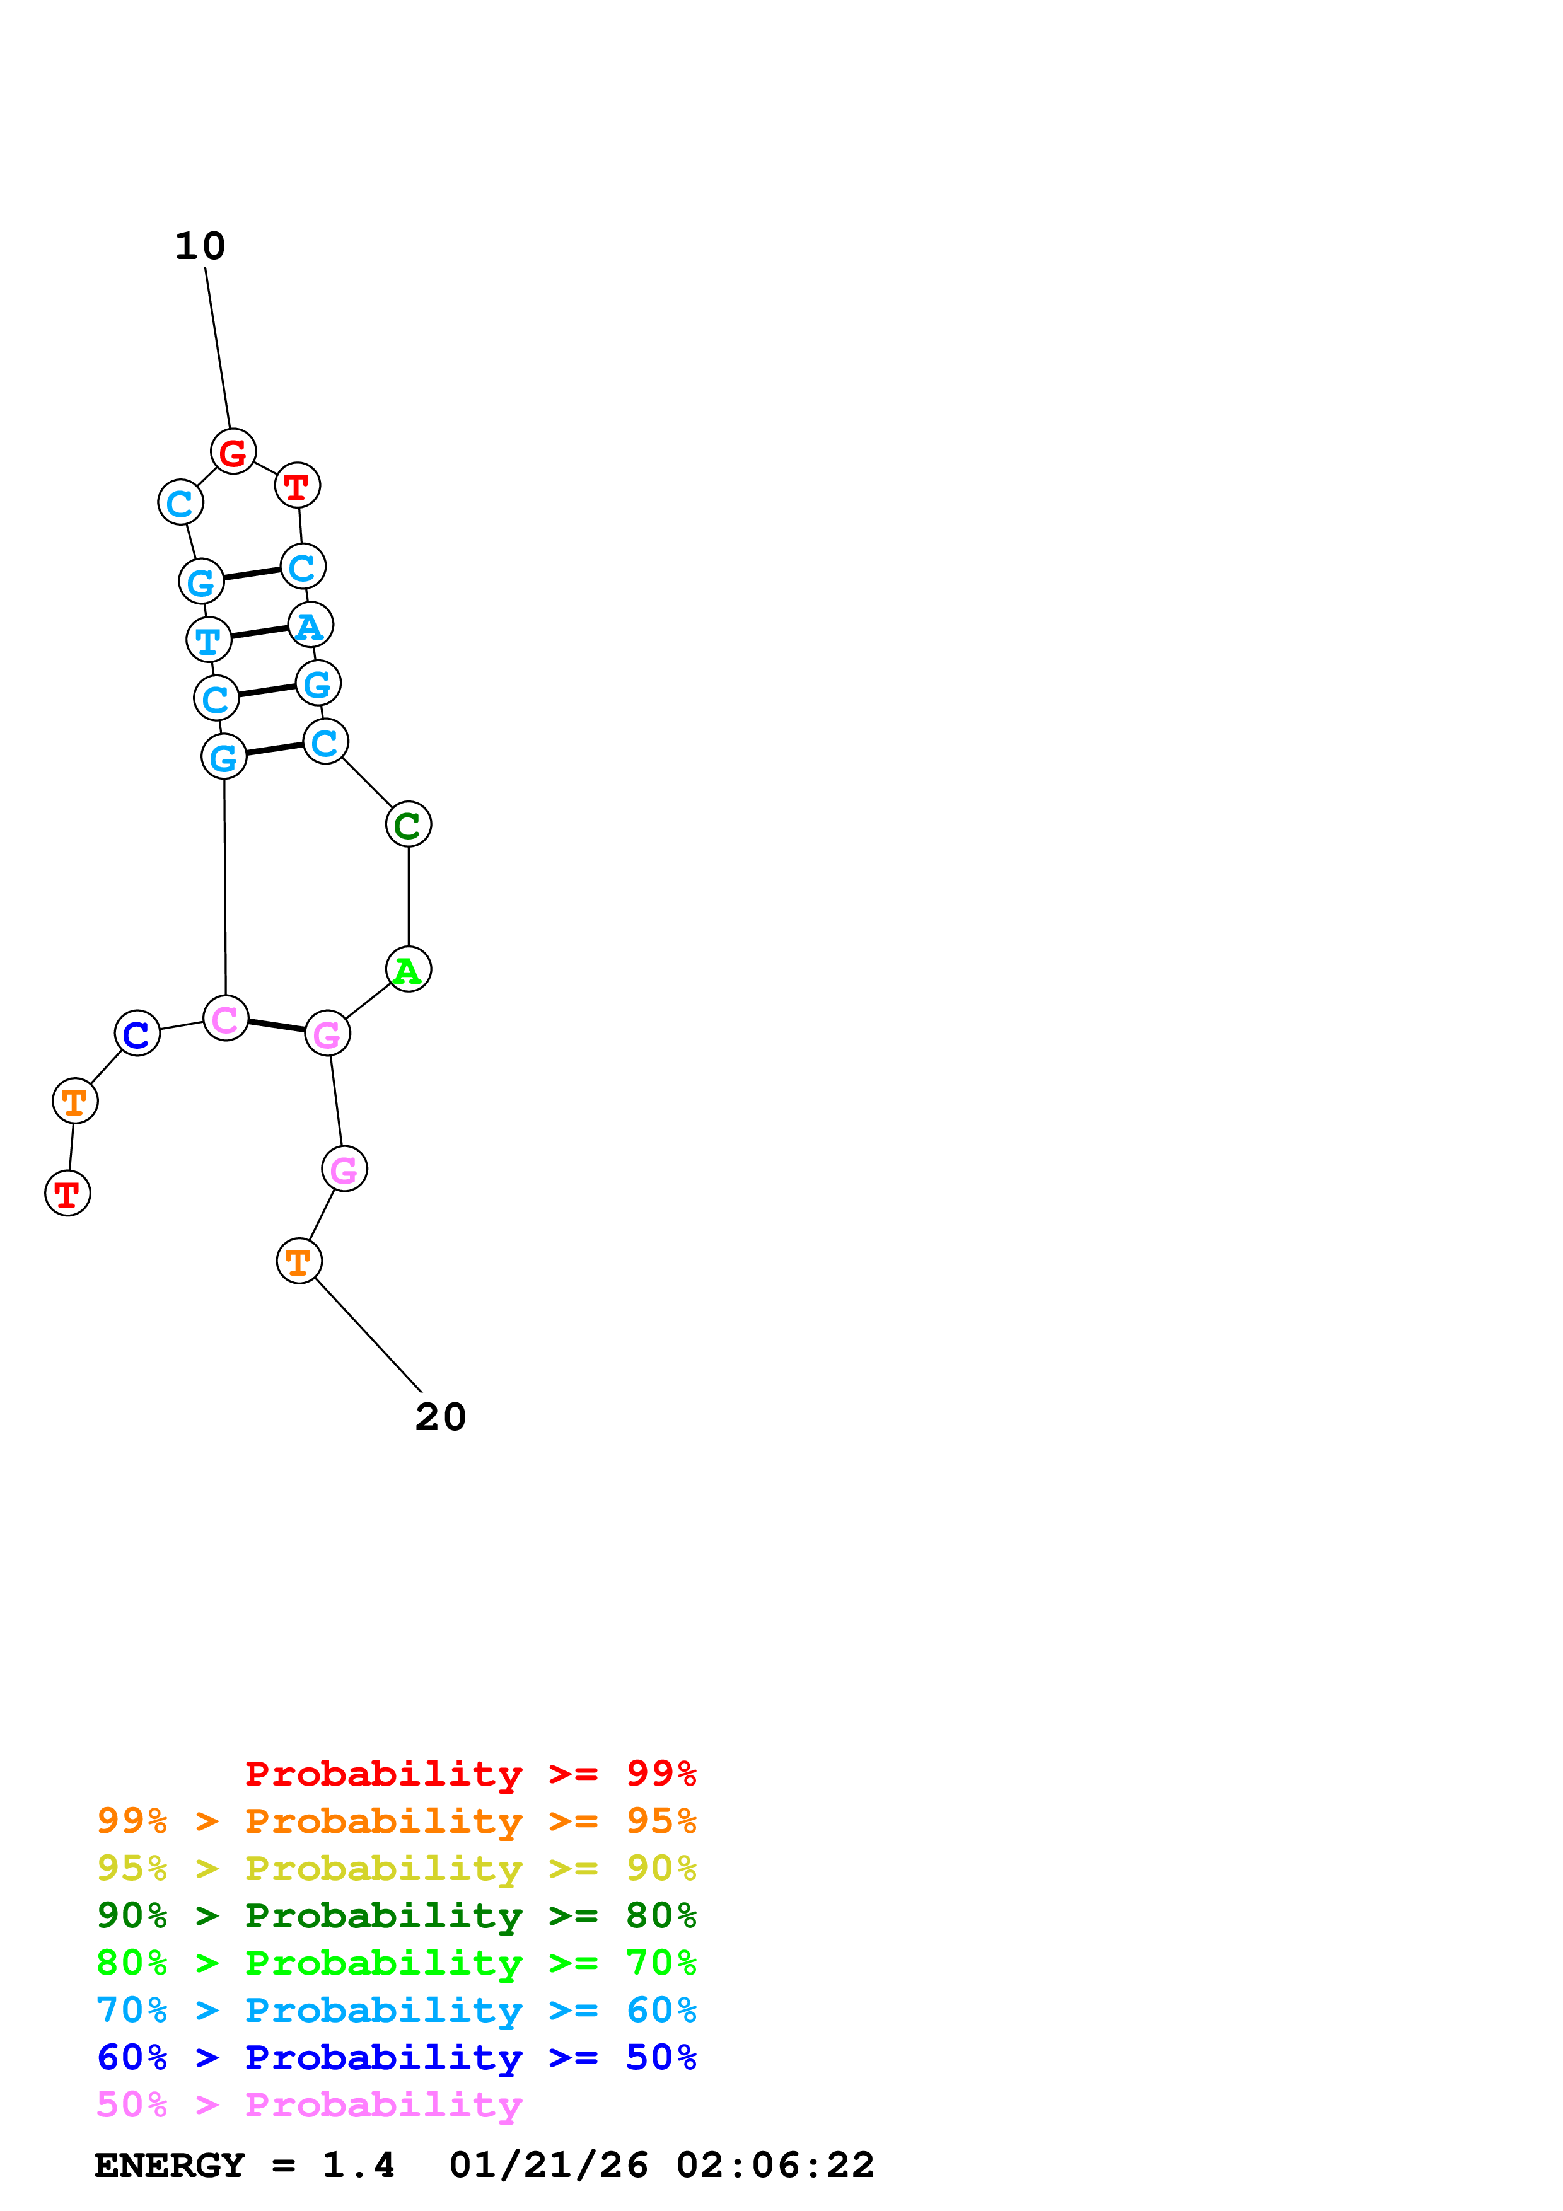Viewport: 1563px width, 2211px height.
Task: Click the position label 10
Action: [x=200, y=246]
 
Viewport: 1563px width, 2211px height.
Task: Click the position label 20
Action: [x=441, y=1417]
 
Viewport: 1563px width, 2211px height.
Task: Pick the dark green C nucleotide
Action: [x=409, y=824]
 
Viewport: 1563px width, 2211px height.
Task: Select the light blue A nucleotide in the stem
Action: [x=310, y=625]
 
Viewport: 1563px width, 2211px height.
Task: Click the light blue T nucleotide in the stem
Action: [x=209, y=640]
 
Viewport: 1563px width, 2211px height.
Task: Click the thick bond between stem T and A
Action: [x=260, y=633]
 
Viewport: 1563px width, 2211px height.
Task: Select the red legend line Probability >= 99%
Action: [x=471, y=1774]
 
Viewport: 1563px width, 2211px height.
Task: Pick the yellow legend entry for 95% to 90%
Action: [x=397, y=1868]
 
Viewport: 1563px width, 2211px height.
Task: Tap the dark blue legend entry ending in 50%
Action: [x=397, y=2057]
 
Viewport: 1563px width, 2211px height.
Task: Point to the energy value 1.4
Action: [x=358, y=2165]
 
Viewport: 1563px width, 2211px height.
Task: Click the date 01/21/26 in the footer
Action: [x=549, y=2165]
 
